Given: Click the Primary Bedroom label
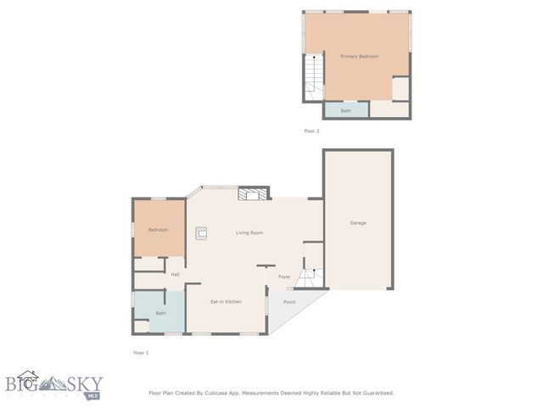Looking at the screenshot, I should click(x=359, y=56).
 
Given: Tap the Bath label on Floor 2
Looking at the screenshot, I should click(x=346, y=110).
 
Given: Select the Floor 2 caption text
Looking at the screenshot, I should click(x=311, y=131).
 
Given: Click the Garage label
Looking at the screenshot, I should click(x=358, y=222).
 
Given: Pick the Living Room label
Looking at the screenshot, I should click(x=249, y=232).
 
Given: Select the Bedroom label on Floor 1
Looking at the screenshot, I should click(x=158, y=230).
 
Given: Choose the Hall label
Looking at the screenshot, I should click(x=175, y=274).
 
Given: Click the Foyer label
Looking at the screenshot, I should click(x=284, y=276).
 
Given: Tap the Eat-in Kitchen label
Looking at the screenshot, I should click(x=227, y=302).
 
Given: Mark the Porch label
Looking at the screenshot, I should click(x=289, y=302).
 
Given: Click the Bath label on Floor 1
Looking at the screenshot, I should click(x=160, y=313).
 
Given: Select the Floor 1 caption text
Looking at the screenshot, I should click(x=141, y=352).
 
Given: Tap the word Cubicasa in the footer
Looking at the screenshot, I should click(x=221, y=393).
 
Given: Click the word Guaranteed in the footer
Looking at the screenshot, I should click(x=374, y=393).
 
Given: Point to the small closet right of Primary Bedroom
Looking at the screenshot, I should click(x=400, y=88).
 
